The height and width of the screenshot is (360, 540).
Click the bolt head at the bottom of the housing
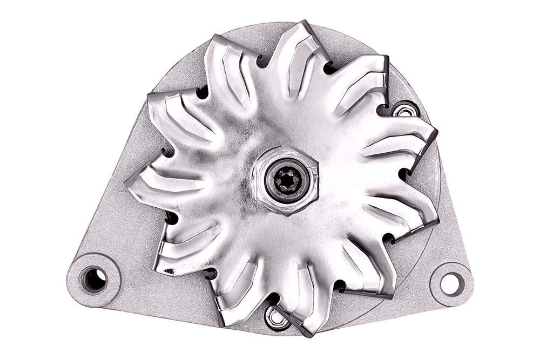pos(278,318)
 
